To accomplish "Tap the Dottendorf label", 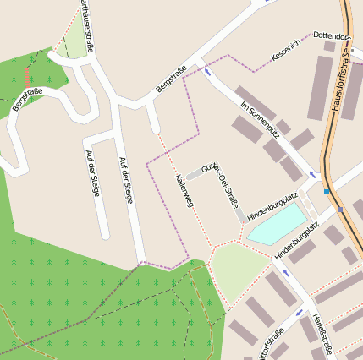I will [x=331, y=37].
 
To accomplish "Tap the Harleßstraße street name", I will [x=322, y=332].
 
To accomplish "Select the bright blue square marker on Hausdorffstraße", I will [x=326, y=192].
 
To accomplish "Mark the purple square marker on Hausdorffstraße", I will [x=340, y=209].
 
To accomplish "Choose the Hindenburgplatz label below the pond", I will [x=295, y=242].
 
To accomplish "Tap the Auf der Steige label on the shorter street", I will [x=92, y=172].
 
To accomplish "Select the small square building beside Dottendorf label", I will [x=329, y=46].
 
